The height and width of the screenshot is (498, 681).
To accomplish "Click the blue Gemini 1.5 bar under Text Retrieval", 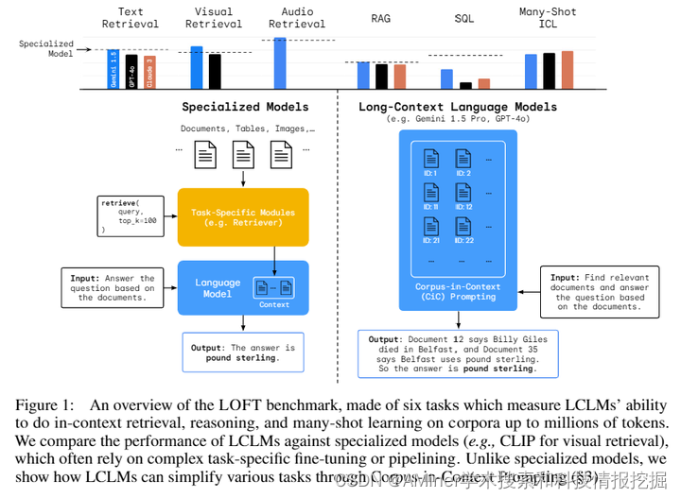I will click(113, 69).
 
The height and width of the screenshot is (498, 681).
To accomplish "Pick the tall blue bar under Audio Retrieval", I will click(280, 62).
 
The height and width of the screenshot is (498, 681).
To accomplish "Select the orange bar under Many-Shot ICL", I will click(567, 69).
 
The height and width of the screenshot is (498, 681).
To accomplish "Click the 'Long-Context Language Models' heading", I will click(458, 107).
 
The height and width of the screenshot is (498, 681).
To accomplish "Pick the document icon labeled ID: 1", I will click(430, 162).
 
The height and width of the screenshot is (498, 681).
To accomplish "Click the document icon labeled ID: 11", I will click(430, 197).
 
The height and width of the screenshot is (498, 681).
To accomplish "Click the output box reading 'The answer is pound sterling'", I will click(243, 352).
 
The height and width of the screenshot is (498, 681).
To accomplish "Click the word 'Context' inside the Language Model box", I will click(273, 304).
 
